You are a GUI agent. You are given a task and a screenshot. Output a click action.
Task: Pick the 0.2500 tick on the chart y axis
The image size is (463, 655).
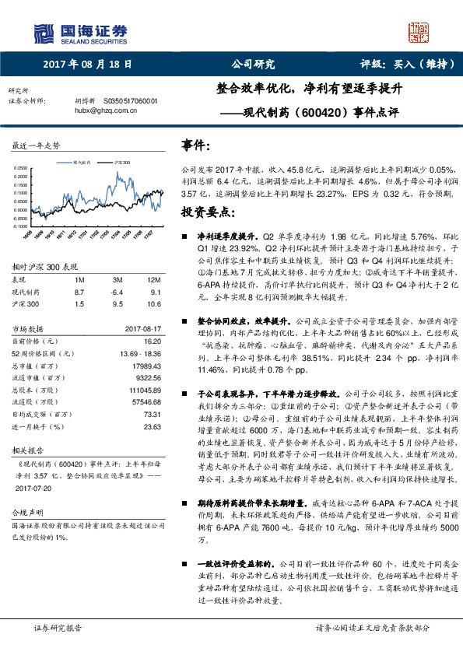click(19, 167)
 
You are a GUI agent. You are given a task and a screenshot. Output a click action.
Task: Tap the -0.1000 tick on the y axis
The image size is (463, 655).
click(19, 226)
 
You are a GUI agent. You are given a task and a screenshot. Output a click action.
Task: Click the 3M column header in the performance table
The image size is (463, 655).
click(118, 278)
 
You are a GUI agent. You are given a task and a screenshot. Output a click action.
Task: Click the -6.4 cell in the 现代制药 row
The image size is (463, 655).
click(118, 290)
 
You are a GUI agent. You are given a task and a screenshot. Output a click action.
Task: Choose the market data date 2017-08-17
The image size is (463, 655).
click(144, 328)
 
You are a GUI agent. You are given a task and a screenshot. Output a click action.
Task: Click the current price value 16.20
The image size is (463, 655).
click(152, 340)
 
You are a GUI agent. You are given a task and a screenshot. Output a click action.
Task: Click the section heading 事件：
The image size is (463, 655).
click(195, 145)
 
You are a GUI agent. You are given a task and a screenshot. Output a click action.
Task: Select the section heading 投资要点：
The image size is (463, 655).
click(205, 212)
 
